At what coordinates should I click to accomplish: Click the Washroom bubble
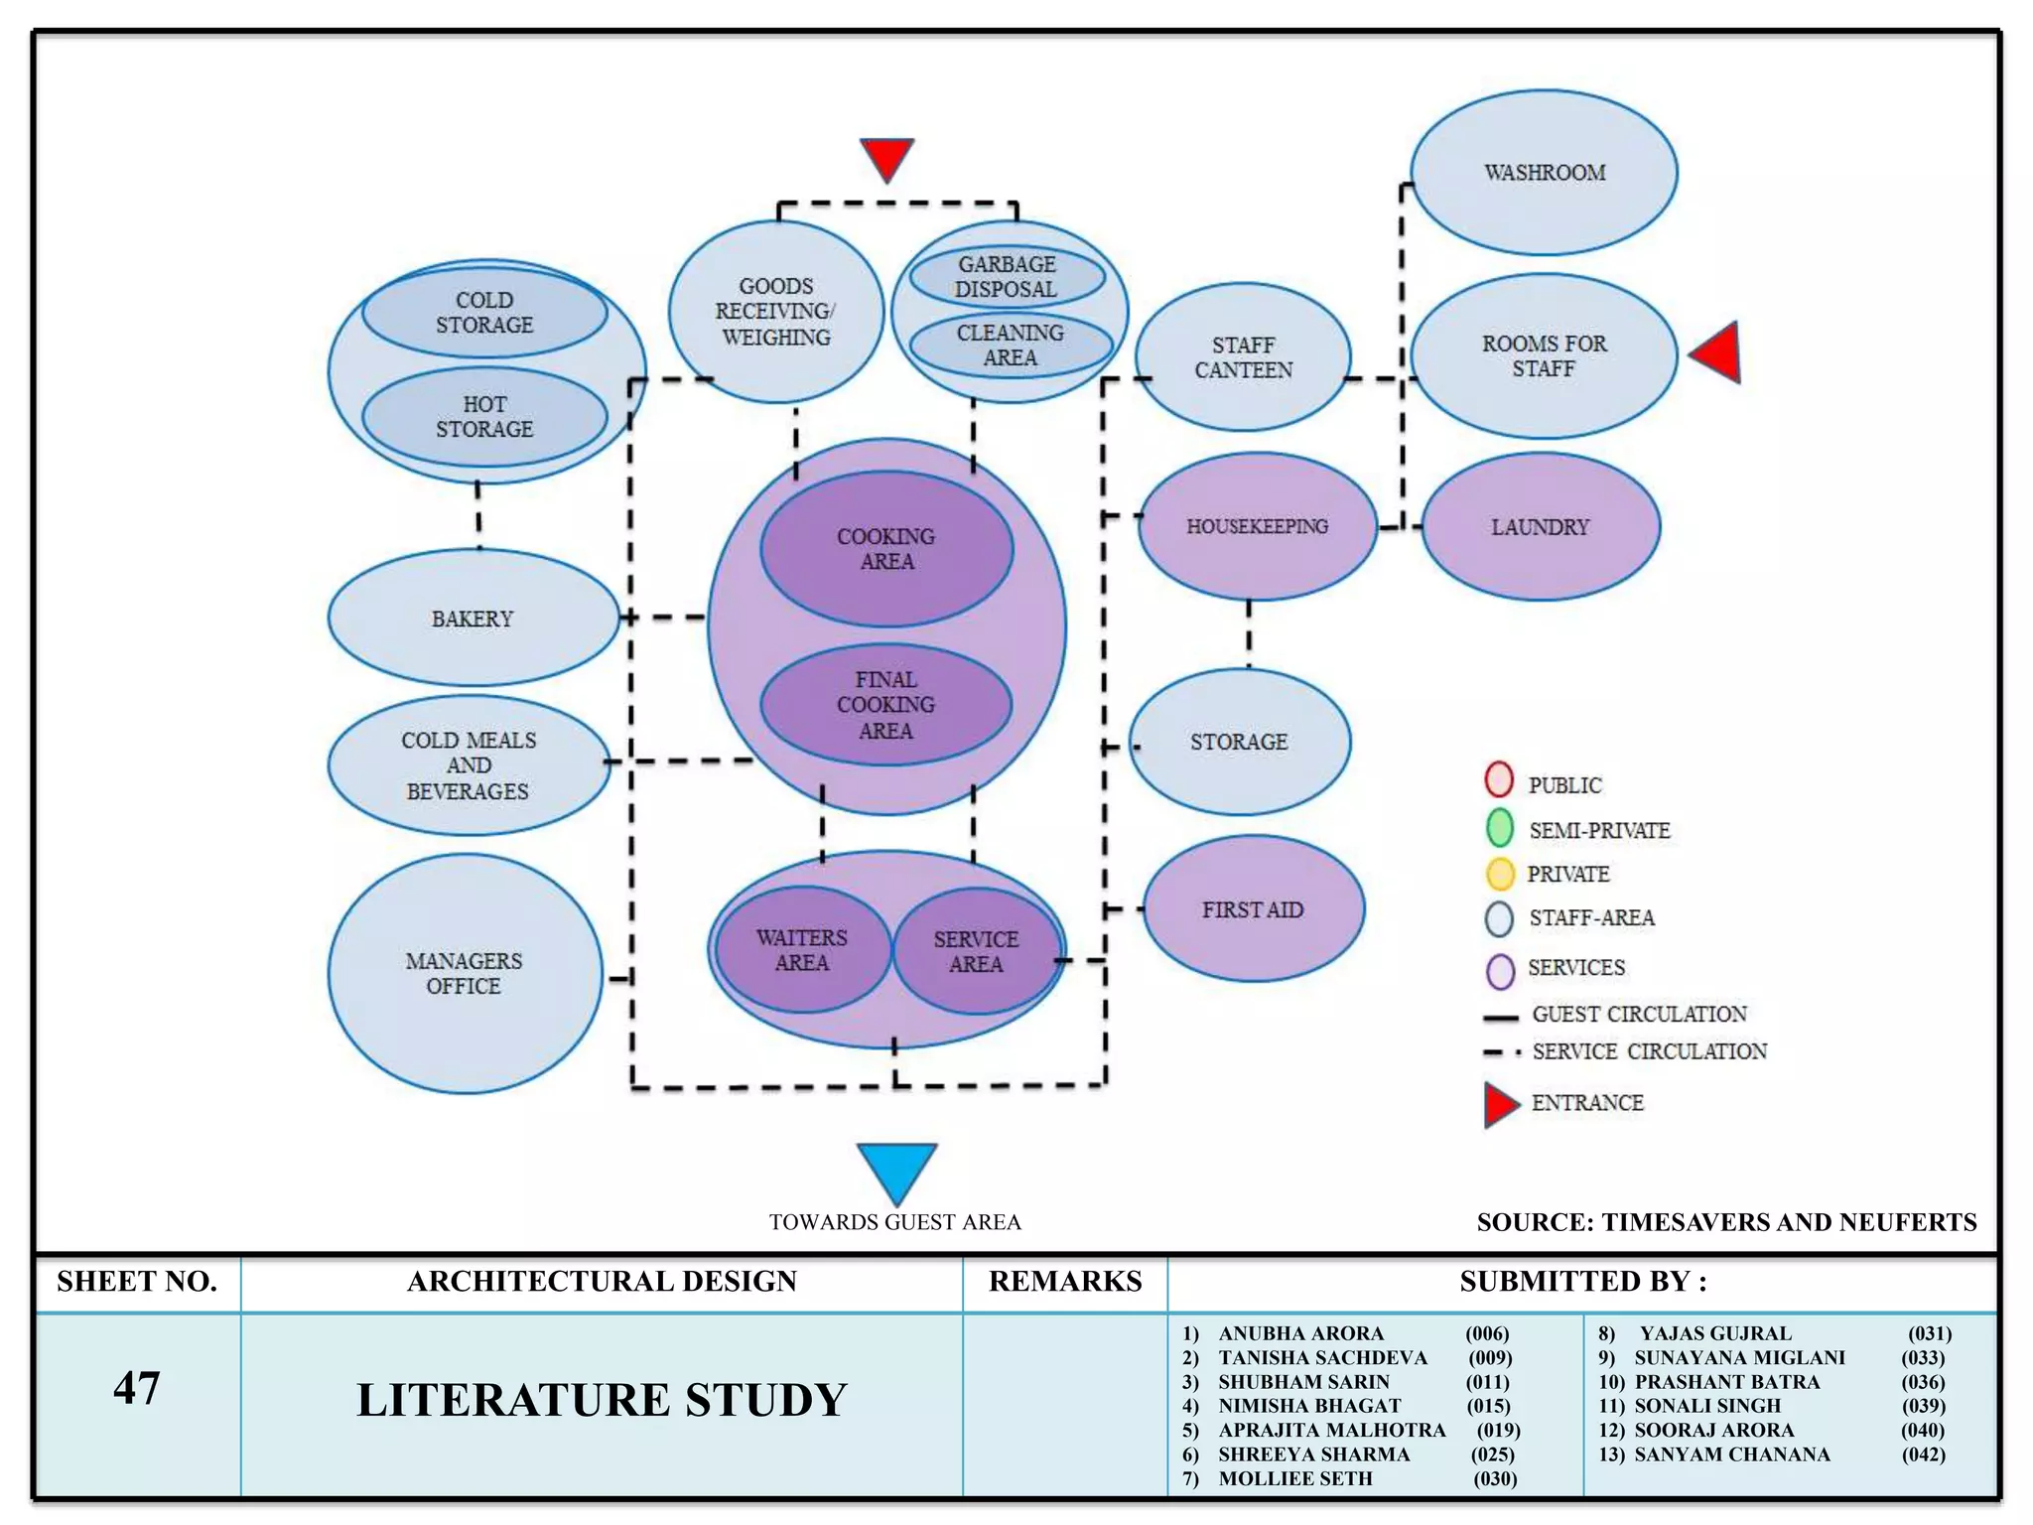(x=1544, y=173)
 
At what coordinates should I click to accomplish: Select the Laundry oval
(x=1540, y=527)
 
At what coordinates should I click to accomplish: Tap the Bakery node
(x=473, y=619)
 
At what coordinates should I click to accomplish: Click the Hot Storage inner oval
(x=484, y=417)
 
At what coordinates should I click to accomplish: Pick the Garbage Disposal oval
(x=1007, y=277)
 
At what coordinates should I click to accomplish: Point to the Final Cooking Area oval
(x=885, y=705)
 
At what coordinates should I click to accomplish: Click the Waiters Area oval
(x=802, y=950)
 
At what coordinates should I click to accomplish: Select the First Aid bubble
(x=1253, y=909)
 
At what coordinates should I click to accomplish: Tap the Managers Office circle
(x=464, y=974)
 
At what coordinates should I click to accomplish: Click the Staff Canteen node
(x=1243, y=357)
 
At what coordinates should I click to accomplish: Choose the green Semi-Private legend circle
(x=1499, y=828)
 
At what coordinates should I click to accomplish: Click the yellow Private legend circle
(x=1499, y=874)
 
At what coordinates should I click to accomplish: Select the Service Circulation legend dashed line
(x=1501, y=1052)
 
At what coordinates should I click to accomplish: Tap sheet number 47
(x=136, y=1388)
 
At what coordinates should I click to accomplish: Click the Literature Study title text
(x=602, y=1400)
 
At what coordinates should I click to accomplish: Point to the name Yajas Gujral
(x=1714, y=1333)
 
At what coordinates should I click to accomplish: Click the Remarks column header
(x=1065, y=1282)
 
